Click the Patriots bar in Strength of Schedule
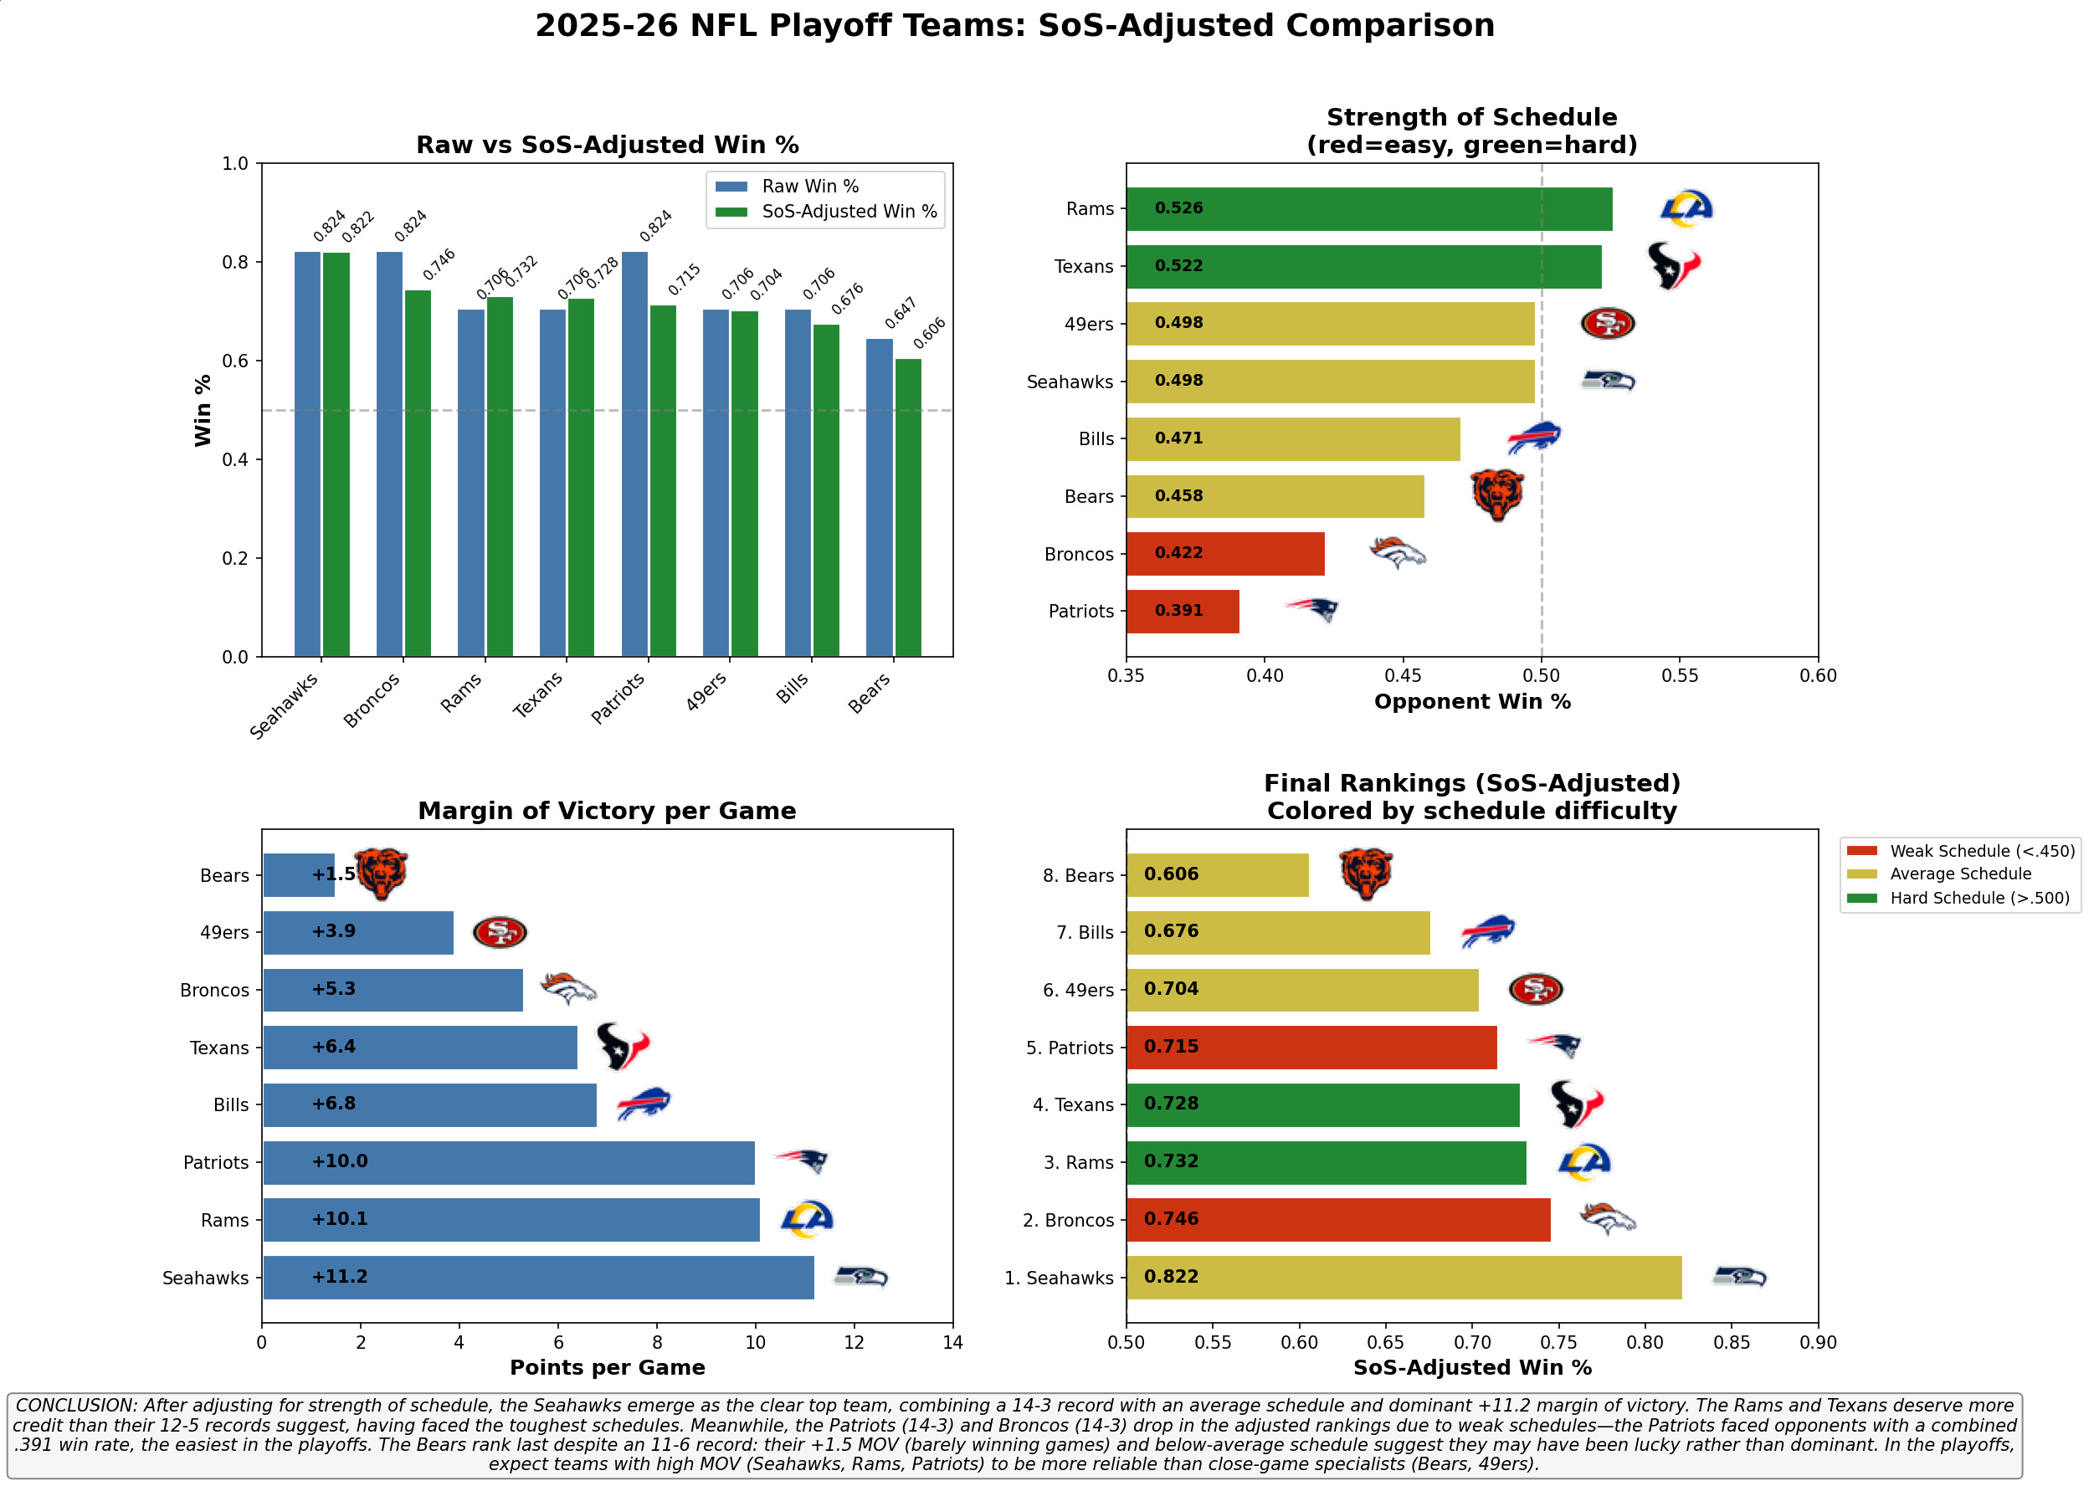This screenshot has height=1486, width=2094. click(1182, 612)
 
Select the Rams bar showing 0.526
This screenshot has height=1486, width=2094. click(1368, 208)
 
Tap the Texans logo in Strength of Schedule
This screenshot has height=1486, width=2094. click(1672, 266)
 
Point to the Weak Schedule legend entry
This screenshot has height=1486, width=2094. click(1981, 851)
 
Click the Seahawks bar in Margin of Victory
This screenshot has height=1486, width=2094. click(538, 1278)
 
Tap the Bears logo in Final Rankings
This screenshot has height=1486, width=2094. click(1366, 874)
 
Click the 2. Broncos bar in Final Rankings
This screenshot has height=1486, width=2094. click(1338, 1220)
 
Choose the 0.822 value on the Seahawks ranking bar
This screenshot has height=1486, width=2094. click(1171, 1278)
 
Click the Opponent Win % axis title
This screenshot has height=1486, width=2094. click(1471, 702)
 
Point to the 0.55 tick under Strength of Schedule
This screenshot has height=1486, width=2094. click(1680, 676)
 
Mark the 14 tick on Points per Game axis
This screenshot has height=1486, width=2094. click(952, 1342)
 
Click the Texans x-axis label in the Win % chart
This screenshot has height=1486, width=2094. click(538, 695)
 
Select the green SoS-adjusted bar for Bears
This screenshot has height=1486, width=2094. click(908, 508)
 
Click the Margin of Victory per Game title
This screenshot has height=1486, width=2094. click(607, 811)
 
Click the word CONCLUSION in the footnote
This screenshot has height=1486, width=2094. click(74, 1406)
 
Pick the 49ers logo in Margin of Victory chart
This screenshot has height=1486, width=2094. click(500, 932)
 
